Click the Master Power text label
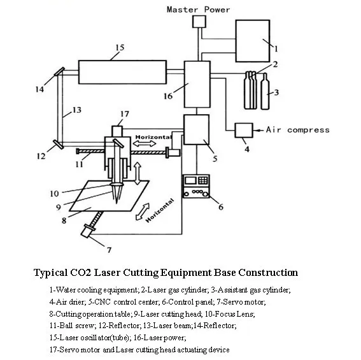198,10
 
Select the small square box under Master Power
199,22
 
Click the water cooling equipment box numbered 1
253,41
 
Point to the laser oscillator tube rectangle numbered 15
122,72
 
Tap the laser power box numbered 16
197,84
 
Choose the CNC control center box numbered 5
196,129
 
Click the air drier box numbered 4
244,130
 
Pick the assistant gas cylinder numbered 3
265,91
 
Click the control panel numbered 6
196,186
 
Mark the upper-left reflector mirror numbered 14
59,71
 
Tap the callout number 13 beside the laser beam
77,110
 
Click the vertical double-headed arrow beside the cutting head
138,173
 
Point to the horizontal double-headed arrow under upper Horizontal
145,143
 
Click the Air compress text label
298,130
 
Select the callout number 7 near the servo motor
109,250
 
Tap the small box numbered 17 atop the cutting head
117,131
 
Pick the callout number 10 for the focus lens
54,194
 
